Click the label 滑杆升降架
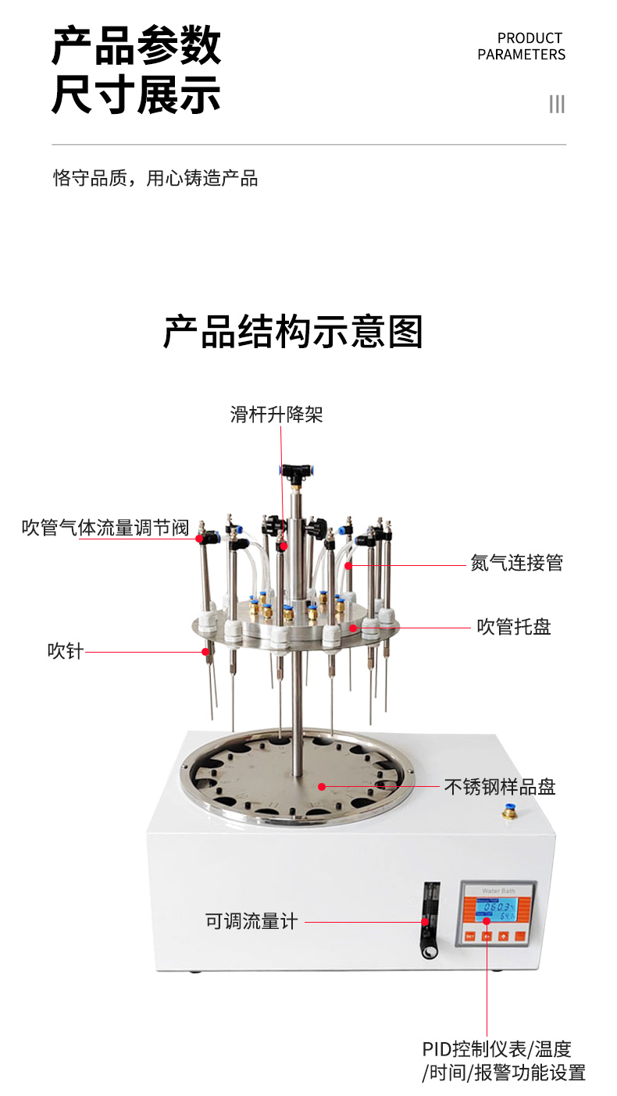pyautogui.click(x=276, y=415)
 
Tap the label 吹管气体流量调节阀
pyautogui.click(x=105, y=528)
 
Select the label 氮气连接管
pyautogui.click(x=516, y=563)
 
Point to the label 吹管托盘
pyautogui.click(x=514, y=627)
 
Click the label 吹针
pyautogui.click(x=65, y=651)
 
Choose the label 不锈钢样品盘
pyautogui.click(x=500, y=787)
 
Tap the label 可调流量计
pyautogui.click(x=251, y=921)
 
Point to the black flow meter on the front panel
pyautogui.click(x=430, y=920)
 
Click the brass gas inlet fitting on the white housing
pyautogui.click(x=509, y=813)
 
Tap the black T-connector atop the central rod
pyautogui.click(x=296, y=471)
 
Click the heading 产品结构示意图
pyautogui.click(x=293, y=333)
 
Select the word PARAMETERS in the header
pyautogui.click(x=522, y=55)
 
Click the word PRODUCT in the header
pyautogui.click(x=530, y=38)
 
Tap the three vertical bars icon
pyautogui.click(x=557, y=105)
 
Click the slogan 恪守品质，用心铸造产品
pyautogui.click(x=155, y=178)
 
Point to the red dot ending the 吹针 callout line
pyautogui.click(x=205, y=651)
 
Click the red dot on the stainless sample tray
pyautogui.click(x=322, y=786)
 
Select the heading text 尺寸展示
pyautogui.click(x=136, y=94)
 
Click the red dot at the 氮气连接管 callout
pyautogui.click(x=348, y=566)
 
